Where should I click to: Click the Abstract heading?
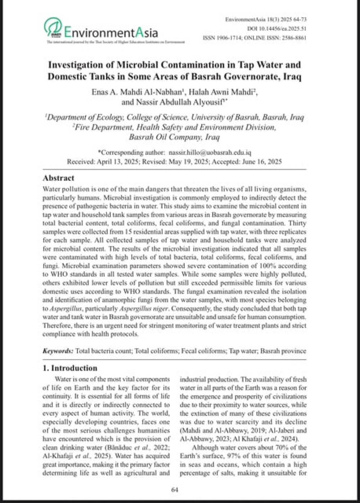click(58, 178)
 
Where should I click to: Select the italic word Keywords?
click(58, 351)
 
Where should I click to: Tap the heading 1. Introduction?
click(70, 368)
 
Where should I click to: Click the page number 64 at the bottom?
click(175, 489)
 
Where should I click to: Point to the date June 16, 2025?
click(262, 161)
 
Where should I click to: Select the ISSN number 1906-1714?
click(229, 37)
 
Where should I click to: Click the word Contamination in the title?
click(192, 65)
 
